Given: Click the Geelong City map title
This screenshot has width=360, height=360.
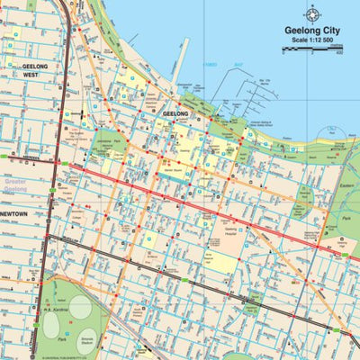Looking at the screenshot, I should tap(314, 30).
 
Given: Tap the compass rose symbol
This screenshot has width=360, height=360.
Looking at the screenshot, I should tap(313, 13).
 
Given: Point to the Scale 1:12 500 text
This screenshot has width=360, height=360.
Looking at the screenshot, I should tap(314, 40).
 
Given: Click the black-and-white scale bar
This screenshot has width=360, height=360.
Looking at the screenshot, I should tap(314, 49).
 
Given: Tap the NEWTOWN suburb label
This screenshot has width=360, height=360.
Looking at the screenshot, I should tap(13, 214).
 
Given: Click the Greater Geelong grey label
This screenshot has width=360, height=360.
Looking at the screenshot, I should tap(17, 186).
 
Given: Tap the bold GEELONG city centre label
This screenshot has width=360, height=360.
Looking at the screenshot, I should tap(175, 114).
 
